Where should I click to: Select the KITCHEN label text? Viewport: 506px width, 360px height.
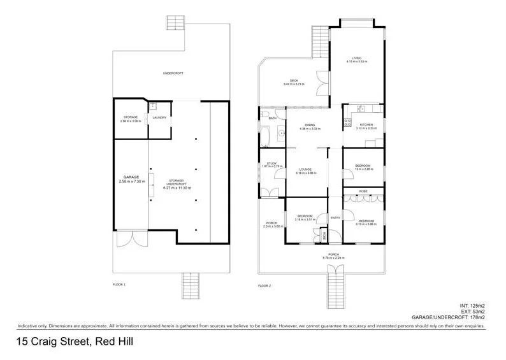point(366,125)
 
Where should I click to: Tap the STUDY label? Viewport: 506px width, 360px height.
point(270,164)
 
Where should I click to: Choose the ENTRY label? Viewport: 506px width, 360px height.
point(335,218)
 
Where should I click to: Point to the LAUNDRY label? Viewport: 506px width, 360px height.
point(159,117)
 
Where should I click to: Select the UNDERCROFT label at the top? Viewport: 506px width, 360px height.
point(173,74)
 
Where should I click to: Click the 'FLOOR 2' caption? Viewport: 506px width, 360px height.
point(264,285)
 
